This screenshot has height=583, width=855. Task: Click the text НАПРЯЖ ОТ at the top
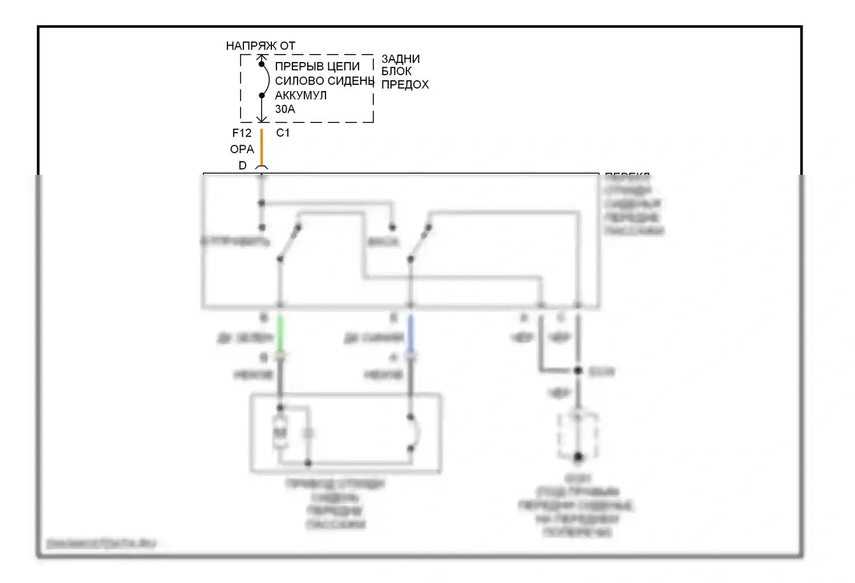pyautogui.click(x=260, y=46)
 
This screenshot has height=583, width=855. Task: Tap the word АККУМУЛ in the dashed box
pyautogui.click(x=300, y=95)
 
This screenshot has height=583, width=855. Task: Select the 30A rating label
pyautogui.click(x=285, y=109)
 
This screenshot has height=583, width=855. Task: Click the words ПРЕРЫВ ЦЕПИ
pyautogui.click(x=317, y=66)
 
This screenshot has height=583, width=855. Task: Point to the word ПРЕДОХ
pyautogui.click(x=405, y=84)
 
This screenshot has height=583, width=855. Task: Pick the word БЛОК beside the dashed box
pyautogui.click(x=396, y=71)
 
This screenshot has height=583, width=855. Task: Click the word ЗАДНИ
pyautogui.click(x=400, y=59)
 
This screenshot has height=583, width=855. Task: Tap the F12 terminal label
pyautogui.click(x=242, y=133)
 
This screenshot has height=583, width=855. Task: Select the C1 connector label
pyautogui.click(x=283, y=133)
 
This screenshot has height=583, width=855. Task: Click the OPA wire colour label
pyautogui.click(x=242, y=149)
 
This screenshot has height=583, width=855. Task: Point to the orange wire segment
pyautogui.click(x=262, y=147)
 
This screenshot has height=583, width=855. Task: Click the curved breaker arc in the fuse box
pyautogui.click(x=266, y=80)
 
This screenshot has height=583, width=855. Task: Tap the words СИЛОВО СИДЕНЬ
pyautogui.click(x=324, y=81)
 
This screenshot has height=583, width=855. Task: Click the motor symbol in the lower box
pyautogui.click(x=280, y=433)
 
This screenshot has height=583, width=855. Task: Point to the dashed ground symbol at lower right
pyautogui.click(x=578, y=436)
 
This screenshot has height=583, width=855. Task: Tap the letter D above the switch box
pyautogui.click(x=242, y=165)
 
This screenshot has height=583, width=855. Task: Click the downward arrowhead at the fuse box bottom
pyautogui.click(x=262, y=119)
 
